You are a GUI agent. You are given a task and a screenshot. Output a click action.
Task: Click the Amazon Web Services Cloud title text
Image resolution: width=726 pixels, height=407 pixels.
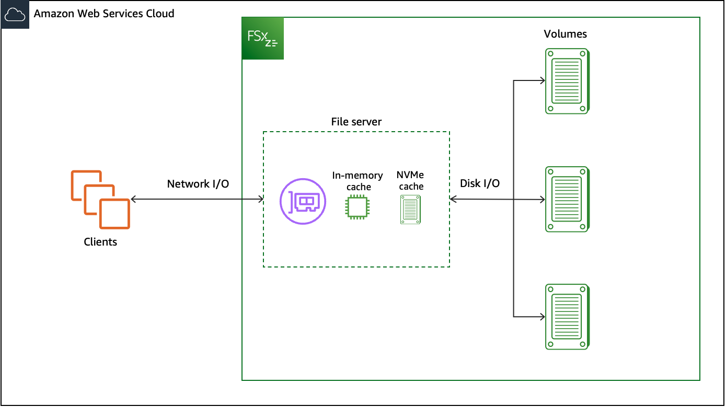pos(104,14)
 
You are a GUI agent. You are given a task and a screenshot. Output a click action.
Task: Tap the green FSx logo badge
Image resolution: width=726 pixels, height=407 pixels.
pos(263,38)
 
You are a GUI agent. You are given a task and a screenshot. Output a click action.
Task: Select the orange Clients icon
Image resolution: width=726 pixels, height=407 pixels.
pos(100,200)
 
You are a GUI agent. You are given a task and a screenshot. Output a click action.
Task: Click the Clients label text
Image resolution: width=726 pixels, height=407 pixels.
pos(100,242)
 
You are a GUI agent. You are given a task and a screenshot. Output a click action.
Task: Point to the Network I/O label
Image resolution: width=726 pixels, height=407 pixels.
pos(198,184)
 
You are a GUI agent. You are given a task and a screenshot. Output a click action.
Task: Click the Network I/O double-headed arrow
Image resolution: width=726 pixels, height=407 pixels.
pos(197,199)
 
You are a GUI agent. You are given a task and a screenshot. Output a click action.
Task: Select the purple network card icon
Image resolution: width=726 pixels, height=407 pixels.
pos(303,202)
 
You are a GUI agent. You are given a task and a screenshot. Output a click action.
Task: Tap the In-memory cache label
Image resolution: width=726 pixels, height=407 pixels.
pos(358,181)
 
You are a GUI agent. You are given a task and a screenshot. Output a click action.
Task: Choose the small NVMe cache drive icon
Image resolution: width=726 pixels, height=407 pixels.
pos(410,210)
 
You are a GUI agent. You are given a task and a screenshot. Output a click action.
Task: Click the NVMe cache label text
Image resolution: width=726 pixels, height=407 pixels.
pos(410,181)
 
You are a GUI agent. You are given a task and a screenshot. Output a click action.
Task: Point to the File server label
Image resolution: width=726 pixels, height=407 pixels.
pos(356,122)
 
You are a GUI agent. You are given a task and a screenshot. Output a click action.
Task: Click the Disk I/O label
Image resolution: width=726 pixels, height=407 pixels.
pos(479,183)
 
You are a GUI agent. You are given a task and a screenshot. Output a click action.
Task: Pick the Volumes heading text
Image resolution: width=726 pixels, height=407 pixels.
pos(565,34)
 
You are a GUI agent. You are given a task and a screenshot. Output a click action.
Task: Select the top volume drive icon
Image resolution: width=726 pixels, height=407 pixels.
pos(567,81)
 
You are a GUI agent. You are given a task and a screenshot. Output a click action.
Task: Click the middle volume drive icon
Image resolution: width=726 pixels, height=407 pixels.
pos(567,199)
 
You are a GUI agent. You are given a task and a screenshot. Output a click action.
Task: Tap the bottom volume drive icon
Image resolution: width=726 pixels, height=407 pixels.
pos(567,317)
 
